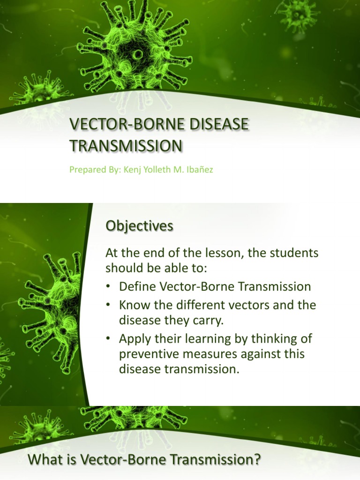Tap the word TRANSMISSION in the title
(126, 146)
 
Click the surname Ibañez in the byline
(200, 170)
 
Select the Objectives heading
(139, 226)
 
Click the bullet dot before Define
(108, 287)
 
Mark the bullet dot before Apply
(108, 339)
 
